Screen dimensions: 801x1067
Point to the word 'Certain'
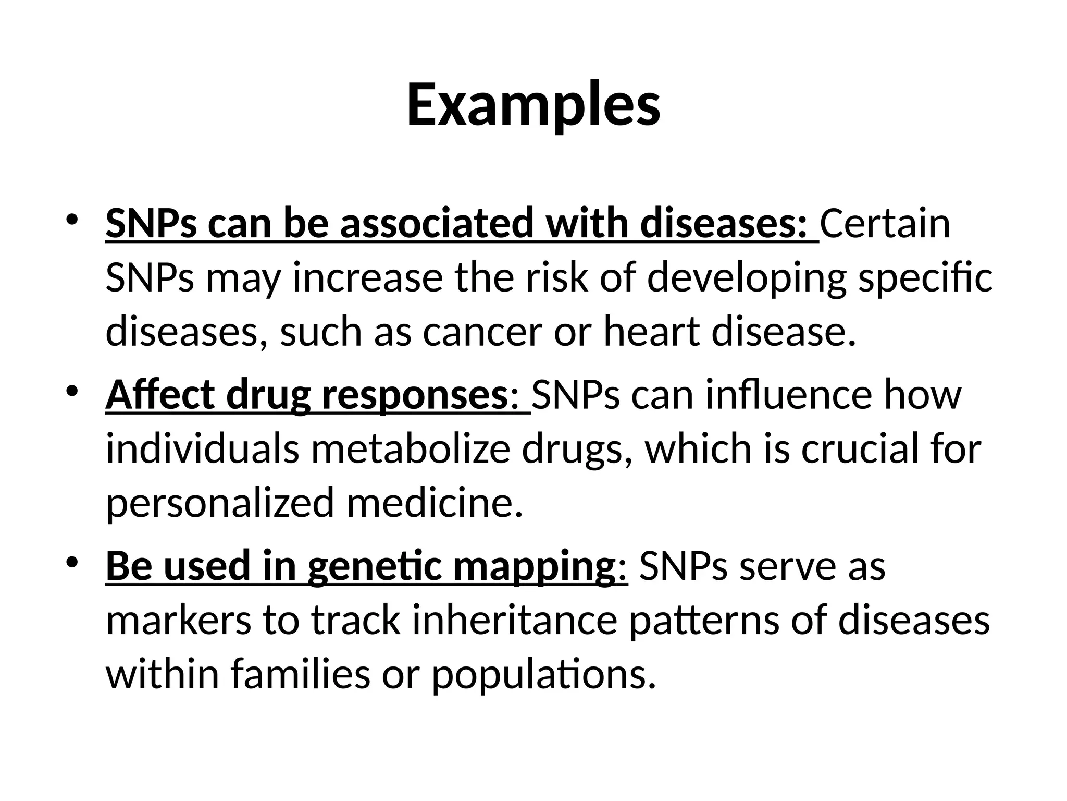(885, 224)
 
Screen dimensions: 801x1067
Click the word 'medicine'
(434, 503)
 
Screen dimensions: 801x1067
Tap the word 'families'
(299, 674)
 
